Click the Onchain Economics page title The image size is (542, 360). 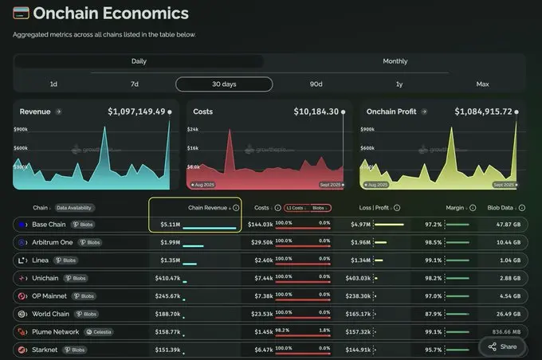111,14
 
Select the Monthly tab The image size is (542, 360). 395,61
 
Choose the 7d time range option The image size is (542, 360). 135,84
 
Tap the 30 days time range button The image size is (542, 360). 224,84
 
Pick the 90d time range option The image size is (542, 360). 316,84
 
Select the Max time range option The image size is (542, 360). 482,84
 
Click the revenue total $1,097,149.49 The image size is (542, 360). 136,112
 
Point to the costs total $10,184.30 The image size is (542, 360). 316,112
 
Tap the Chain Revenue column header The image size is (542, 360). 208,208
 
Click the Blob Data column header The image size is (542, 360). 504,208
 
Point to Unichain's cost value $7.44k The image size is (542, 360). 262,278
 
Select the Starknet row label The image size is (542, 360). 45,349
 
